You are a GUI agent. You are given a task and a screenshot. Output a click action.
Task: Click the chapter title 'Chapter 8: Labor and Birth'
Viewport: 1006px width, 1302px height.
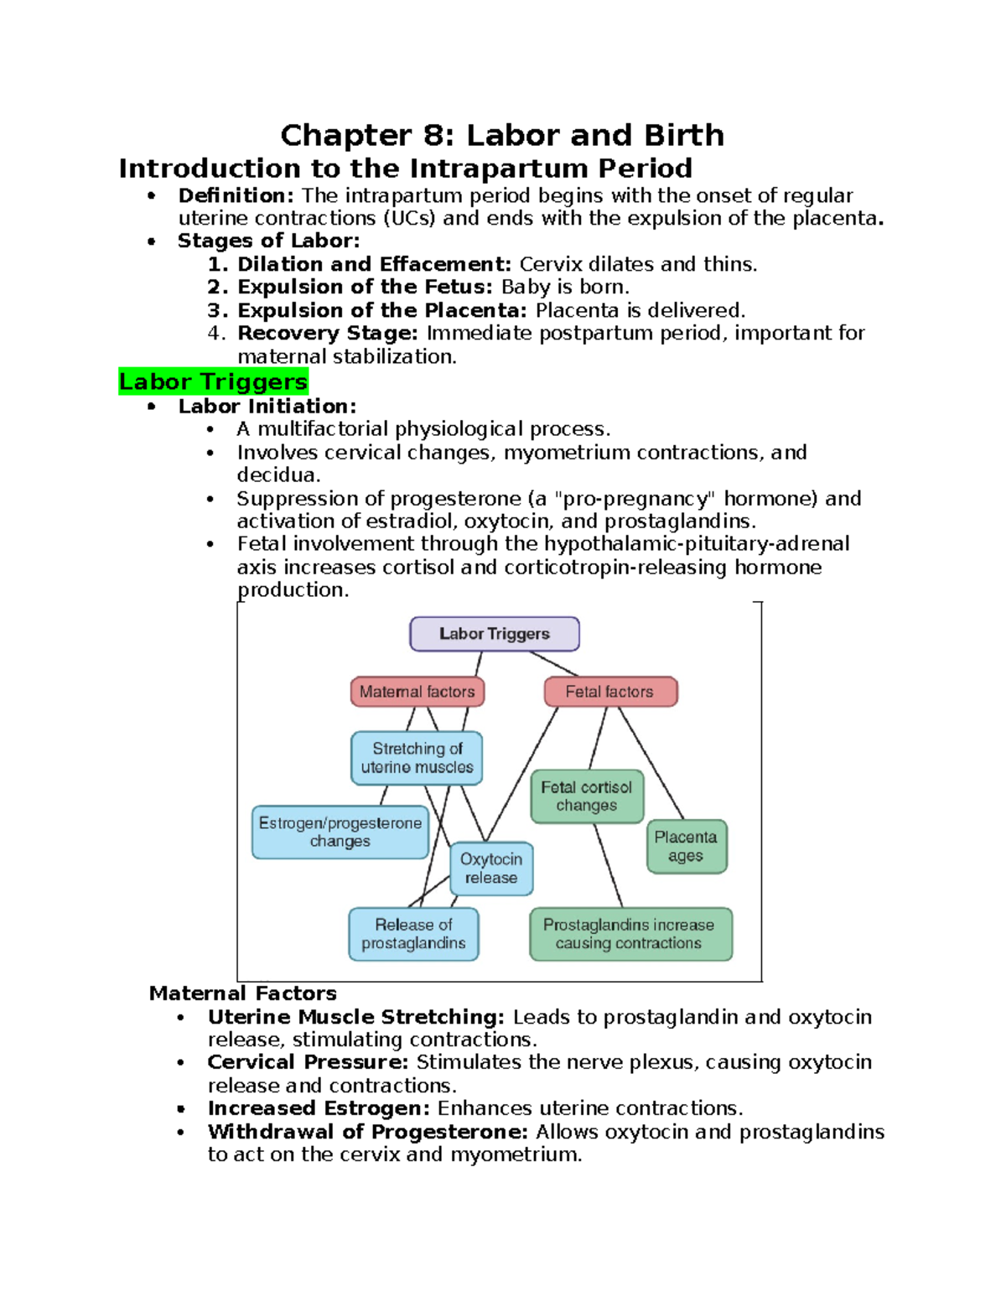point(502,135)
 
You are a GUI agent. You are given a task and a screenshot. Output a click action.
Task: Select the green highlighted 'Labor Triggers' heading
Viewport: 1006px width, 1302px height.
point(213,381)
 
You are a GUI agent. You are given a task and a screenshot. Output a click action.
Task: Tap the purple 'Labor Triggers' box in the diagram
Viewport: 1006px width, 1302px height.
point(495,634)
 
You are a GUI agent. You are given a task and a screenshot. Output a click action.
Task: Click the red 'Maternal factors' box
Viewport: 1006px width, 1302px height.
point(417,692)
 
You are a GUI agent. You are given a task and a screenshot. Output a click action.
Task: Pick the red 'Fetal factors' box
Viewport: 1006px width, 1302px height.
point(609,692)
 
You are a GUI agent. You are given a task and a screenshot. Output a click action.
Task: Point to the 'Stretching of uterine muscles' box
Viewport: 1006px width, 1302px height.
point(417,758)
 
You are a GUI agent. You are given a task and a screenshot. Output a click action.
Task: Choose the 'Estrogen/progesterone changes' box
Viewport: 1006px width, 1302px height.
point(340,832)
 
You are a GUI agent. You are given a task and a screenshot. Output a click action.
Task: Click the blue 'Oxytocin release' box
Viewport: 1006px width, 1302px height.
point(491,869)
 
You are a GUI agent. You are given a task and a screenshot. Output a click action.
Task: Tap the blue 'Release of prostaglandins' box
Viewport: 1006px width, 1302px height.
point(413,934)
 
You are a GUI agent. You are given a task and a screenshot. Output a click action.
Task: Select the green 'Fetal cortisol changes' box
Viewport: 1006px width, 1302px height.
point(587,796)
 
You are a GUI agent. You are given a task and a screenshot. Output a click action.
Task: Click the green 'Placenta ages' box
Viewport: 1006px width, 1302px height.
point(686,847)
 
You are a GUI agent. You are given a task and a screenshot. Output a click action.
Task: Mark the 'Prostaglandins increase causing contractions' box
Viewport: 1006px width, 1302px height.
point(629,934)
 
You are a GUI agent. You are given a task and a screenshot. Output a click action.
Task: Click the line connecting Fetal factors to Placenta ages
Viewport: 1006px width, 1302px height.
point(651,763)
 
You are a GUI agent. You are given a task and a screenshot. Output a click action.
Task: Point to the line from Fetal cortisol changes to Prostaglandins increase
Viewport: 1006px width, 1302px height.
point(609,865)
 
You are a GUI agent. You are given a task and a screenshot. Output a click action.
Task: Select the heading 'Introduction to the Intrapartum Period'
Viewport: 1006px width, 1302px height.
point(405,169)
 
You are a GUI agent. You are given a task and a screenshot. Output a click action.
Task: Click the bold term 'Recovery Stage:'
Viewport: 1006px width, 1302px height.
point(327,333)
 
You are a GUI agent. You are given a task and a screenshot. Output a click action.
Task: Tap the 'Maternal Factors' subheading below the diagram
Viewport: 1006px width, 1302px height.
point(242,993)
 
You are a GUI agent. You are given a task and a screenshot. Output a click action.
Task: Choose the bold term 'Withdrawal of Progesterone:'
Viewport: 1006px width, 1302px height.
point(367,1132)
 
